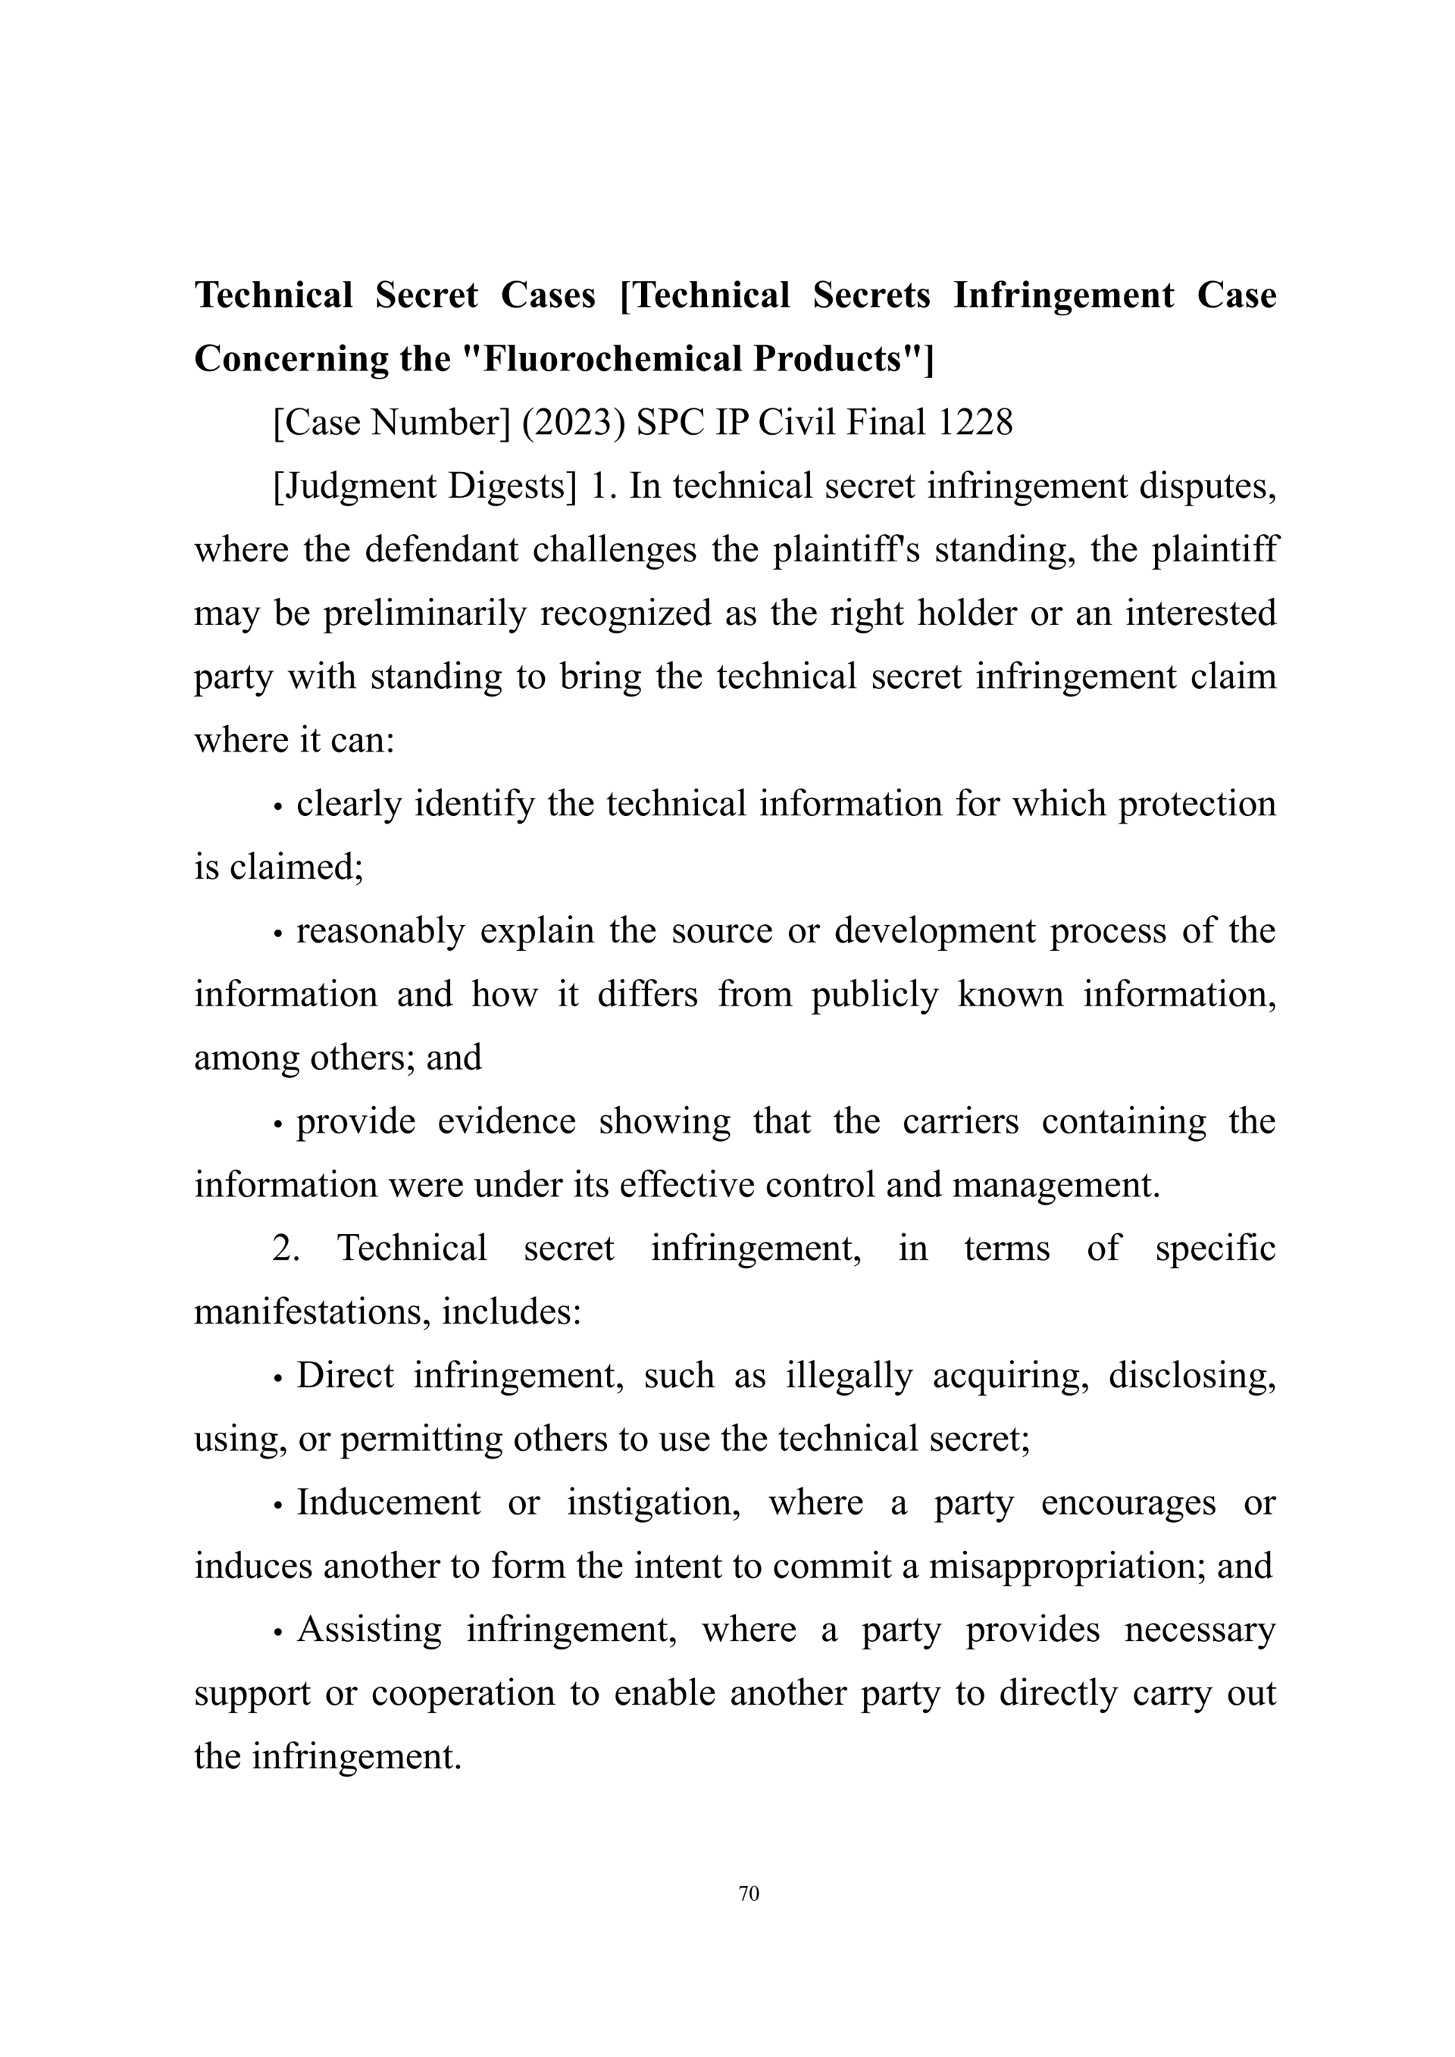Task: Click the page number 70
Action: [x=749, y=1894]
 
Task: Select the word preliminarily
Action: [x=424, y=614]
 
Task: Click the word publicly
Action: [x=875, y=995]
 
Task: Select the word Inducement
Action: [x=389, y=1503]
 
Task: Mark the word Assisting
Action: [x=369, y=1630]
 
